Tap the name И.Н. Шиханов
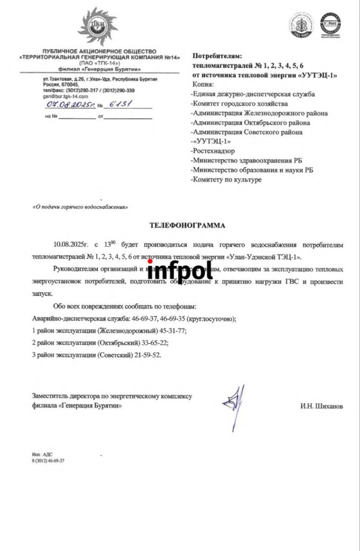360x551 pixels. [x=321, y=406]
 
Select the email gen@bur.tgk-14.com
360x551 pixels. [x=61, y=96]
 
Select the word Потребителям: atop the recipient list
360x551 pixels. [x=217, y=56]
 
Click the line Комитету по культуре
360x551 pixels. [x=226, y=180]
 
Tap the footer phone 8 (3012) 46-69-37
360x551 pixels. [x=48, y=461]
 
